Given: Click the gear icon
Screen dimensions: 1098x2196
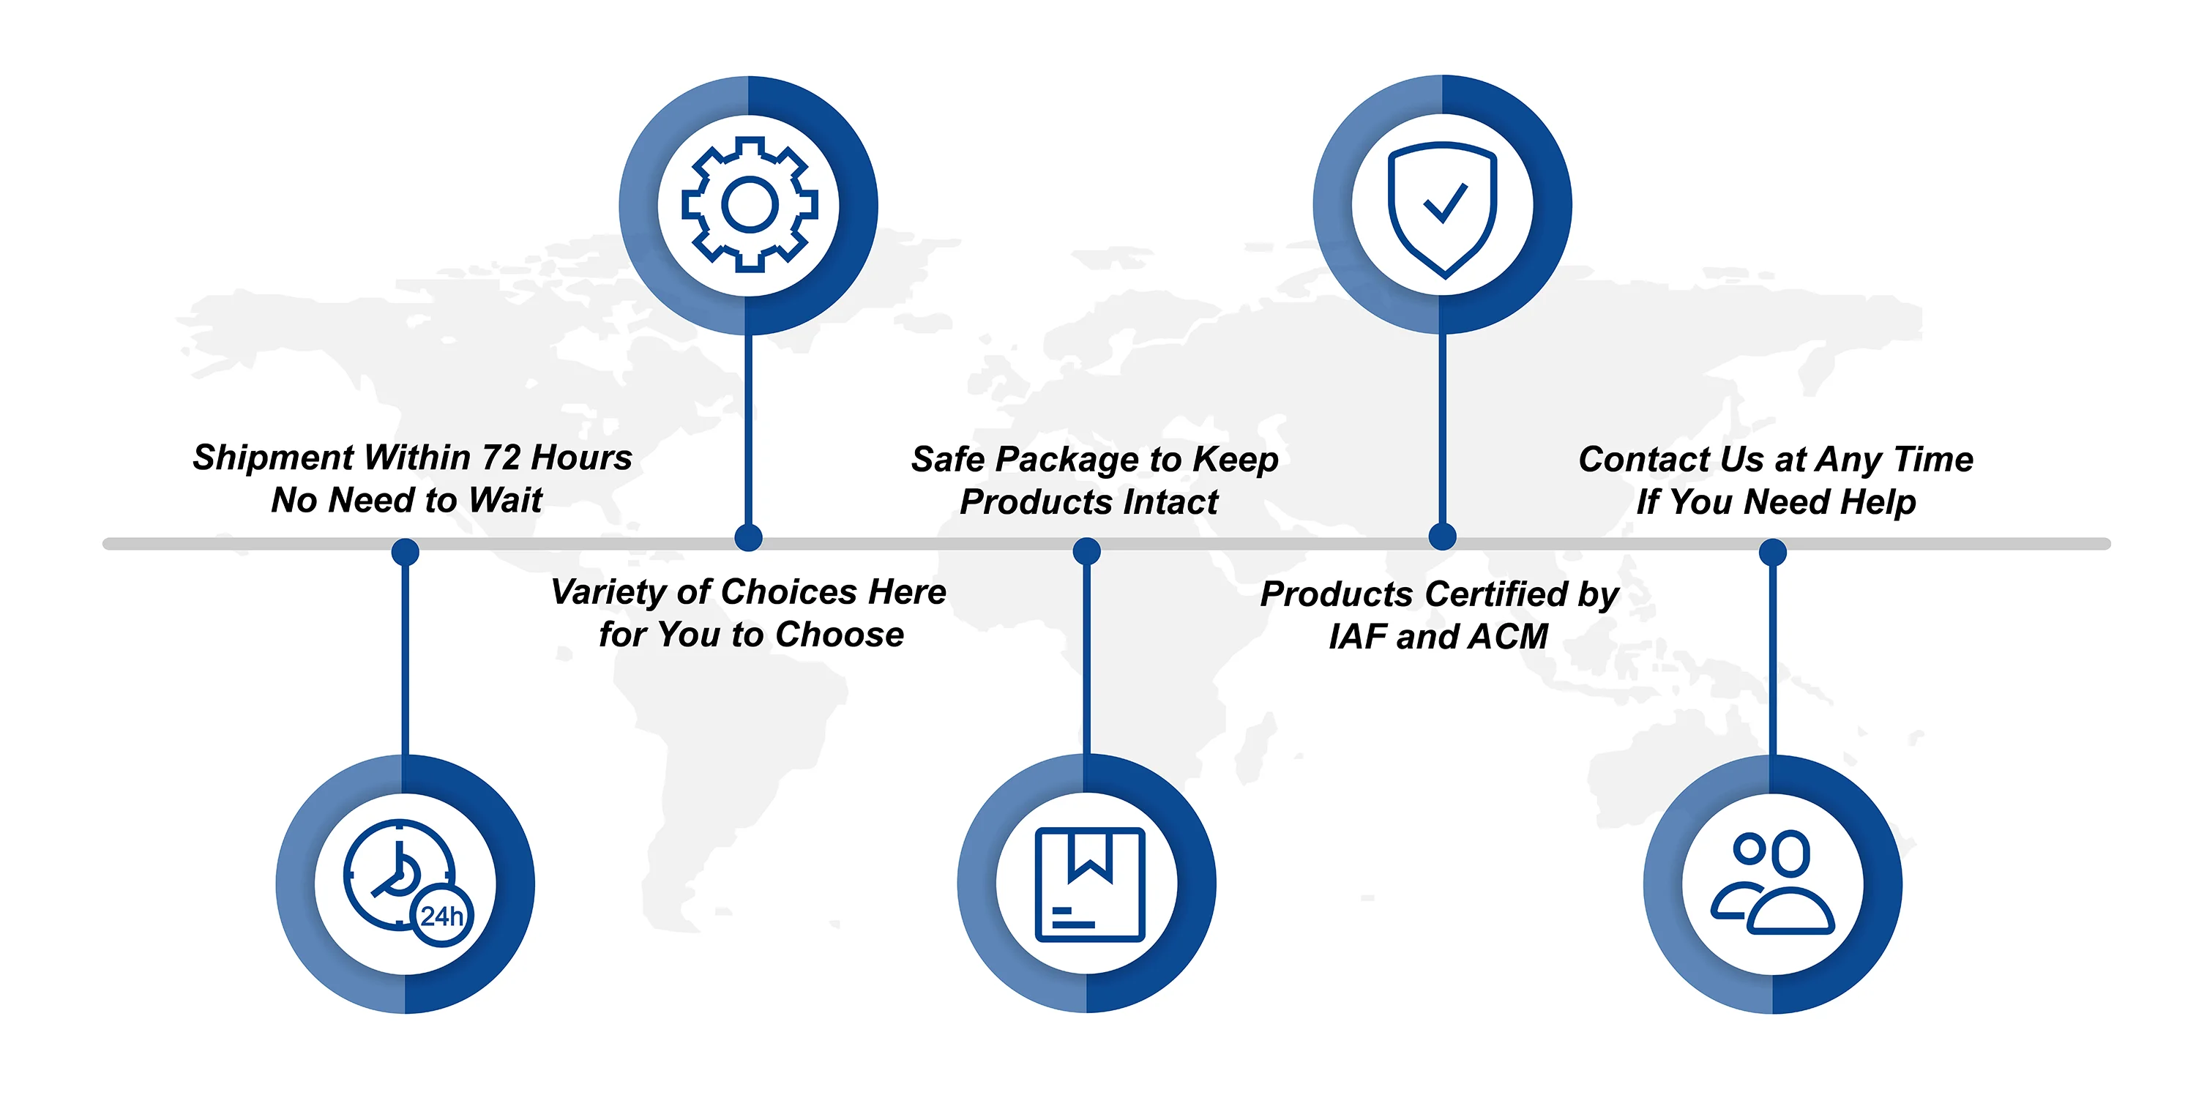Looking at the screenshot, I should (x=750, y=205).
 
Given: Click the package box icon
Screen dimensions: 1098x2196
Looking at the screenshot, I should (x=1088, y=884).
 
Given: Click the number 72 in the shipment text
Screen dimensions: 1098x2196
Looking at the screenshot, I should (x=501, y=457).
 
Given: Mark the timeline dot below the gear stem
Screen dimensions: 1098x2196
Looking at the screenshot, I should (x=749, y=537).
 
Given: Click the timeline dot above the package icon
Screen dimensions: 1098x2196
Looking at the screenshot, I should (x=1086, y=550).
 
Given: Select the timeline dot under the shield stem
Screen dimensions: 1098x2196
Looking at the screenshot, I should (x=1441, y=537).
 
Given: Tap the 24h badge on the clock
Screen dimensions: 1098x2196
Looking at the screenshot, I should (x=441, y=916).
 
